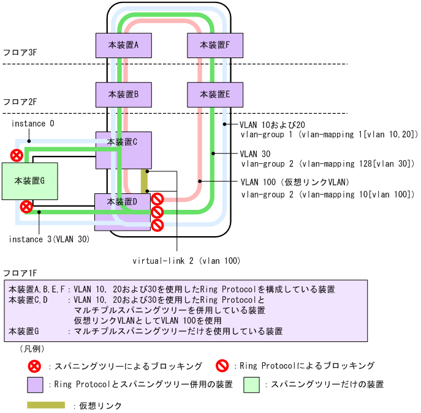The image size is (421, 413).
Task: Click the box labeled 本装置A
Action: (x=124, y=45)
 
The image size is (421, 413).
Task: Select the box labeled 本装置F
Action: (x=215, y=45)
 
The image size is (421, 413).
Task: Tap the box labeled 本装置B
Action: (x=124, y=94)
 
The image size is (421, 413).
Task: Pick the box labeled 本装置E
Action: (x=215, y=94)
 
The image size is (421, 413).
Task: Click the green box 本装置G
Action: (x=30, y=180)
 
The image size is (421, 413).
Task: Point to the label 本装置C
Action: (x=122, y=142)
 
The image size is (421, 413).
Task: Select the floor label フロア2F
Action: (x=21, y=102)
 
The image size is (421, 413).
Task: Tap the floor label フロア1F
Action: (x=21, y=272)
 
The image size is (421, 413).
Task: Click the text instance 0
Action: (x=33, y=124)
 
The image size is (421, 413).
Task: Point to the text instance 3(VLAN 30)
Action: (x=49, y=239)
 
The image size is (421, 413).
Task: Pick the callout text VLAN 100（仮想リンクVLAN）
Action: (x=295, y=182)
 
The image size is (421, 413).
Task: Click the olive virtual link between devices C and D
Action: (x=145, y=180)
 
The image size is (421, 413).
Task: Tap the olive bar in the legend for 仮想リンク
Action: (x=46, y=404)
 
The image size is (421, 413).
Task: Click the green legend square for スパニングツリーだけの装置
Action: (x=251, y=384)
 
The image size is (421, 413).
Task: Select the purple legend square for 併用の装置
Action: (x=35, y=384)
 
